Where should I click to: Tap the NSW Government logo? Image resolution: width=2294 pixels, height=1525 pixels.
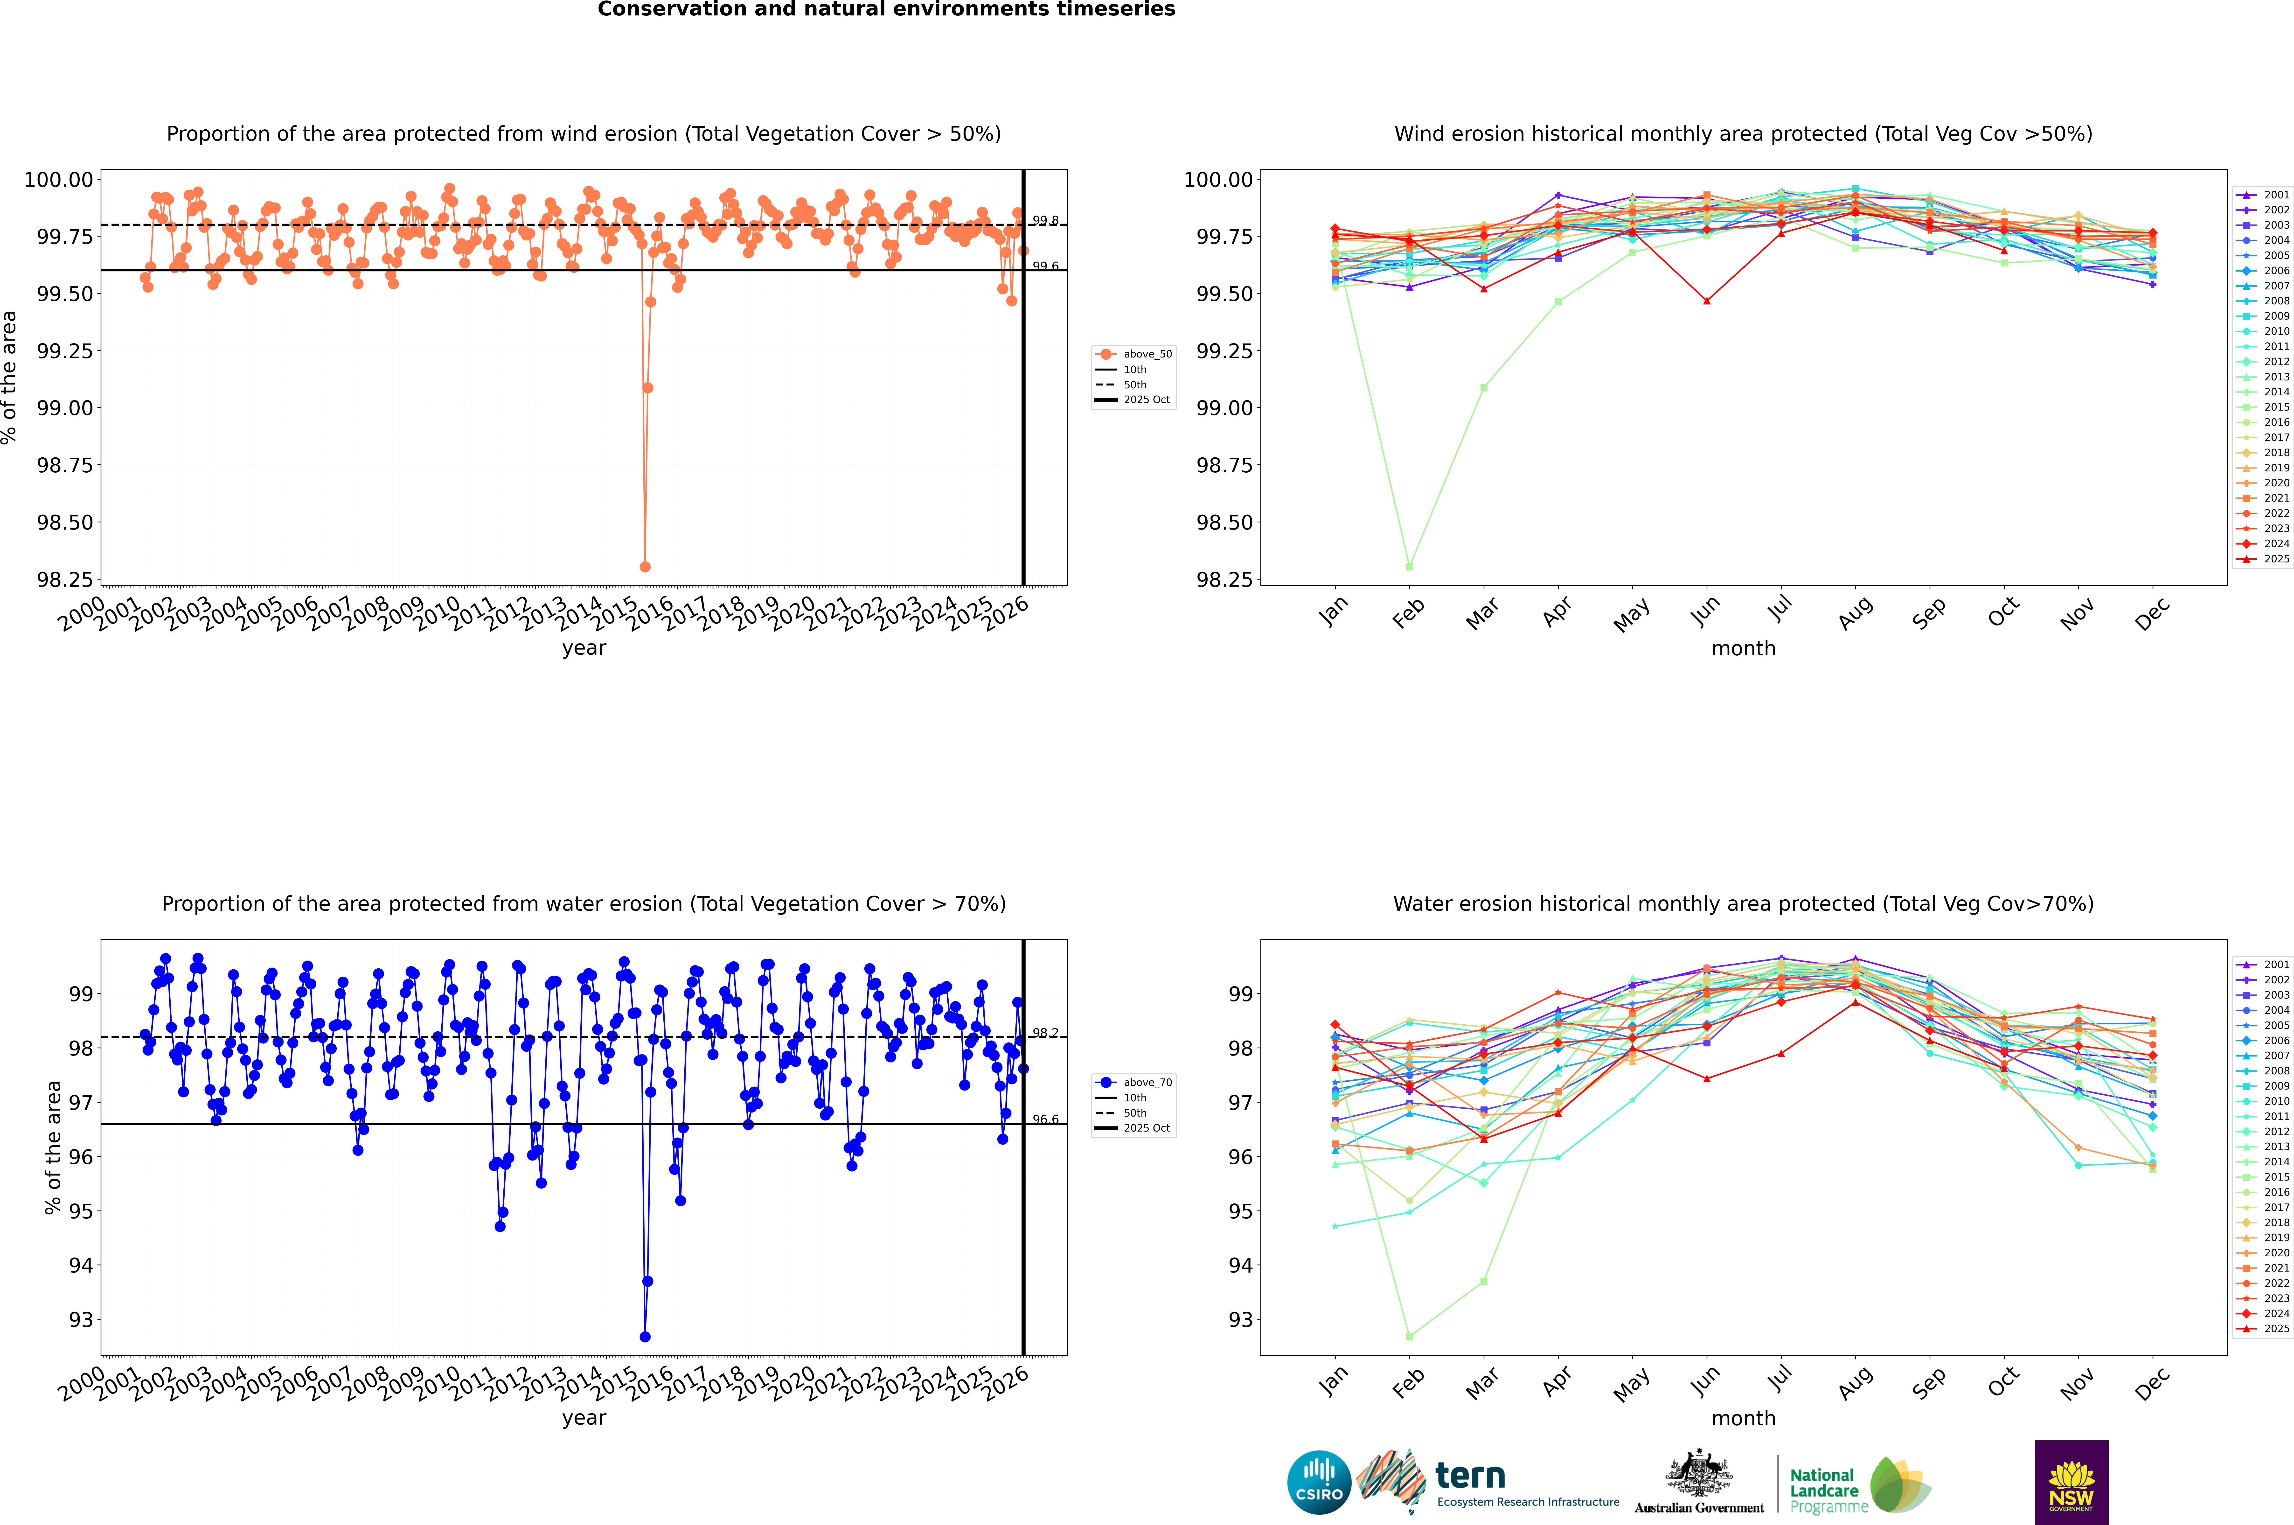pyautogui.click(x=2071, y=1482)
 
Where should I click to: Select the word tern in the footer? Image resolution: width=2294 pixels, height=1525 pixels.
pyautogui.click(x=1470, y=1476)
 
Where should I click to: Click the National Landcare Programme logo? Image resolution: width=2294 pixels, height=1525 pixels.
pyautogui.click(x=1859, y=1485)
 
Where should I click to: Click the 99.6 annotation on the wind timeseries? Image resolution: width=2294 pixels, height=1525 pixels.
pyautogui.click(x=1045, y=266)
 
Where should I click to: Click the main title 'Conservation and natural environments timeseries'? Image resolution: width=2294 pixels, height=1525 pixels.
pyautogui.click(x=886, y=10)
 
